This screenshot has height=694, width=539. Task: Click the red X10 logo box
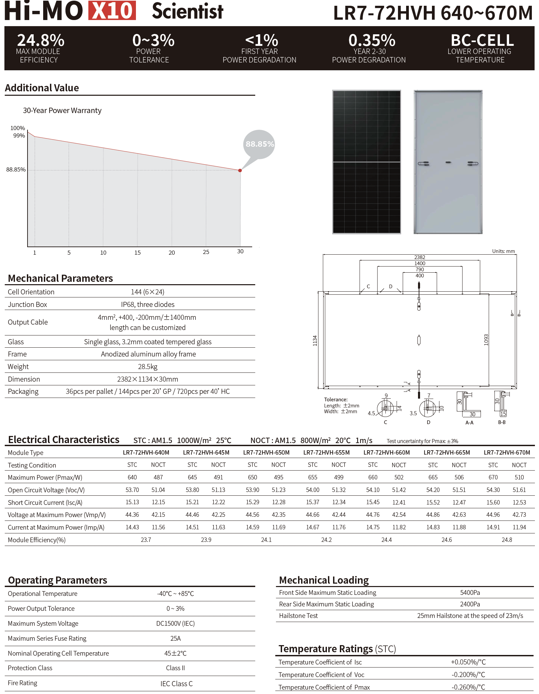112,11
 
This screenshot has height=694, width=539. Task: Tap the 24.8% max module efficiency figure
41,40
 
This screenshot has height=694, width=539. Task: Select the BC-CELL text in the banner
482,40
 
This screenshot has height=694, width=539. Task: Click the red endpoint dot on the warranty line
240,170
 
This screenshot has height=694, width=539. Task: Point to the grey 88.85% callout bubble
259,144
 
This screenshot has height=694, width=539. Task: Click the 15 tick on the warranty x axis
137,253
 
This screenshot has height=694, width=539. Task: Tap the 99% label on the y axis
19,135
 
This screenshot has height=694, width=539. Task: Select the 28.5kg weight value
147,367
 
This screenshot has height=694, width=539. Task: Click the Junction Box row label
28,305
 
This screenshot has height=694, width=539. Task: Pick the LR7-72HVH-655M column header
326,453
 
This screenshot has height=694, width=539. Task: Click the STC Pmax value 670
493,477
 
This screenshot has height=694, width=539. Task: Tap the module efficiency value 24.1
266,540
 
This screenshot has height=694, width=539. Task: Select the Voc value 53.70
132,490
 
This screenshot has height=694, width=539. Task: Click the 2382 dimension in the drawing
420,257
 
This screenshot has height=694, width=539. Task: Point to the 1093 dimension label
486,340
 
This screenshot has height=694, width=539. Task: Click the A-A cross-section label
469,423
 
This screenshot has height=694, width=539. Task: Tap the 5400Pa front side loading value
470,593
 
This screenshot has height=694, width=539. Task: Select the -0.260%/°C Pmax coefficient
468,687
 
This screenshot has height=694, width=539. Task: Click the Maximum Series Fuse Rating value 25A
175,639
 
